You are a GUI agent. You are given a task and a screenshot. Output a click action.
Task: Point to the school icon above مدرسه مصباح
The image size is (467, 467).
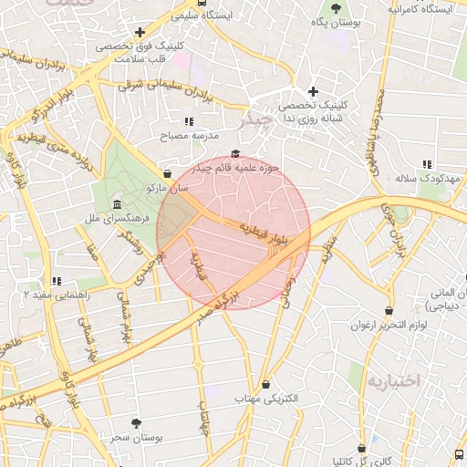click(189, 121)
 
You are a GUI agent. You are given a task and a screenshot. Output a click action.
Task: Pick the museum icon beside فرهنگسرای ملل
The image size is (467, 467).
click(117, 204)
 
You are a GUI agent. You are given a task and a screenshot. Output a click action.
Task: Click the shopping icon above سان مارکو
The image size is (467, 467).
click(167, 173)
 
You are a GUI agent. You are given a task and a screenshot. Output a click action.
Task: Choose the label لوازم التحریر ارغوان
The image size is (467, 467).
click(390, 325)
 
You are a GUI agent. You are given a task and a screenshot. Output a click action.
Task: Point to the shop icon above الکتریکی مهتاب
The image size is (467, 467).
click(265, 385)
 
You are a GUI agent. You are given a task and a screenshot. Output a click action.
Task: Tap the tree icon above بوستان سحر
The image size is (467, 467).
click(137, 423)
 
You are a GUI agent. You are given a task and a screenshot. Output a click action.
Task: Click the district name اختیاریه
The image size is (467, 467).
click(392, 380)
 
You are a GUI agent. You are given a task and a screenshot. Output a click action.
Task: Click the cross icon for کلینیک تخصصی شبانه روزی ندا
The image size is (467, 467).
click(313, 91)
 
